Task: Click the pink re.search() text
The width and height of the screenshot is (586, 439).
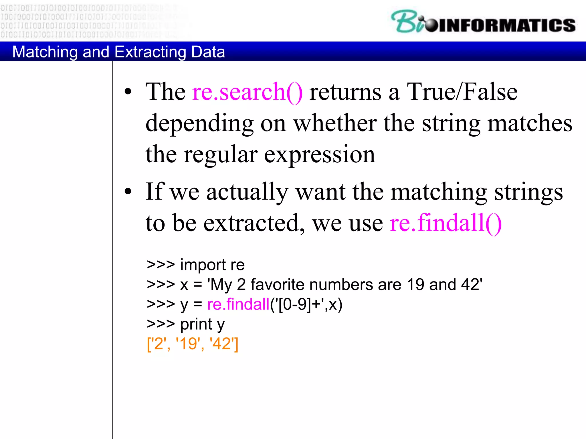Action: (x=247, y=92)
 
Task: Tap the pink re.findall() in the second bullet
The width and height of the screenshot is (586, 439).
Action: (x=446, y=223)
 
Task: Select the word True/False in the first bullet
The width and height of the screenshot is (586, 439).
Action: (x=462, y=92)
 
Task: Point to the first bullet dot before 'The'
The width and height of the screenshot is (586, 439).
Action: (x=128, y=92)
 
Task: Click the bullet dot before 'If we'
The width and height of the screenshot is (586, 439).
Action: (x=128, y=192)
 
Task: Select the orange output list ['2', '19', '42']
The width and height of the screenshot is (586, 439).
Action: (x=192, y=344)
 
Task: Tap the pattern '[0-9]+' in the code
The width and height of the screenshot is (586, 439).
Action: (x=299, y=304)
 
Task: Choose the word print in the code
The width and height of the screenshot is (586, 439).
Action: (x=196, y=324)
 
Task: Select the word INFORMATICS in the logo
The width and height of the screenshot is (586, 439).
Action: (x=506, y=25)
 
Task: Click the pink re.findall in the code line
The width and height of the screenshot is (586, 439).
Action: (x=238, y=304)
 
